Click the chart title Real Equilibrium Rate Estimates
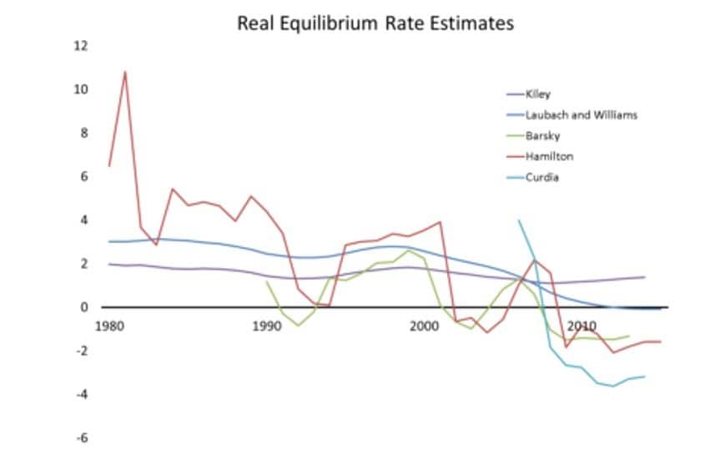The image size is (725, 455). (375, 23)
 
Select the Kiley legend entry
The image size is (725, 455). (538, 94)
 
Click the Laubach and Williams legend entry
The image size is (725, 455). (581, 114)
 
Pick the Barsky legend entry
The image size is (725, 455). (542, 135)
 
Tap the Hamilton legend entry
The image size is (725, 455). (548, 156)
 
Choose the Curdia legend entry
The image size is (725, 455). (541, 177)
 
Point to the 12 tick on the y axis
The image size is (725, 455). (81, 46)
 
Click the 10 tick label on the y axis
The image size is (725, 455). (81, 89)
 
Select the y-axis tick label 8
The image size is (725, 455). (83, 133)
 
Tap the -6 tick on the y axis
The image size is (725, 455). (82, 437)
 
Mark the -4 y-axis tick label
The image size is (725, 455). (82, 394)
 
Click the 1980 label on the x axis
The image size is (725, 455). (109, 324)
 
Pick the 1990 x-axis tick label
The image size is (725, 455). (267, 324)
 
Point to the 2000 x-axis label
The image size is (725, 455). (425, 324)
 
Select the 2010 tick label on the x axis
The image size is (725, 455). (582, 324)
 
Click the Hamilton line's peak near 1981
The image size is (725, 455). (125, 72)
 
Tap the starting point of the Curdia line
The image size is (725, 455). (519, 220)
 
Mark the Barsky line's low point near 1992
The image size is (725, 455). (298, 325)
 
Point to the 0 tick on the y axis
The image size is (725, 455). (83, 307)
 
